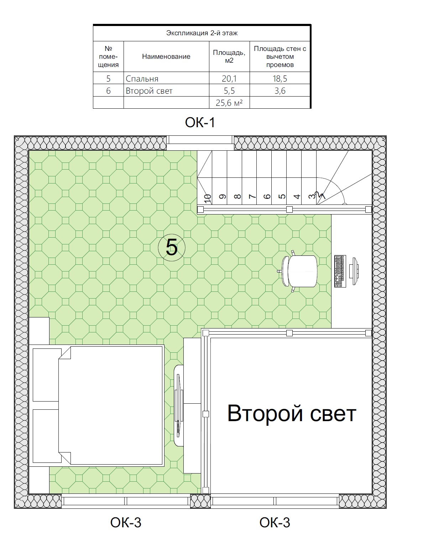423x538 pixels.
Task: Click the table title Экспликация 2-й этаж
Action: pyautogui.click(x=202, y=33)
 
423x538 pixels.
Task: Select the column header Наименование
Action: pyautogui.click(x=166, y=57)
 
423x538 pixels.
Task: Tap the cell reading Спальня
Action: pyautogui.click(x=142, y=79)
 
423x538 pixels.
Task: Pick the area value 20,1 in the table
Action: pyautogui.click(x=229, y=79)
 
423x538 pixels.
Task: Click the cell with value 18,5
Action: pyautogui.click(x=280, y=79)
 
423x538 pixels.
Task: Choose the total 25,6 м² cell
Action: pyautogui.click(x=229, y=103)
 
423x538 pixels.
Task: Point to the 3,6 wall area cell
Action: pyautogui.click(x=280, y=91)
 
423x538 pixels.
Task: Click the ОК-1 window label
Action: pyautogui.click(x=200, y=123)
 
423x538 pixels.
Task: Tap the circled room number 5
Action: pyautogui.click(x=172, y=248)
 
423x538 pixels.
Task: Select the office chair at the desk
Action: pyautogui.click(x=299, y=271)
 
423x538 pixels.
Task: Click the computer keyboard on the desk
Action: pyautogui.click(x=340, y=271)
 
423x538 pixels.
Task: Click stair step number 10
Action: pyautogui.click(x=207, y=199)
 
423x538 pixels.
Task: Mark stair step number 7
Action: pyautogui.click(x=252, y=197)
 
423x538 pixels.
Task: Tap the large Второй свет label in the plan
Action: pyautogui.click(x=292, y=414)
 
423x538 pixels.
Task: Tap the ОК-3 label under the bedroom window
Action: pyautogui.click(x=126, y=523)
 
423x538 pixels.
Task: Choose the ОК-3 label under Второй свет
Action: pyautogui.click(x=275, y=523)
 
